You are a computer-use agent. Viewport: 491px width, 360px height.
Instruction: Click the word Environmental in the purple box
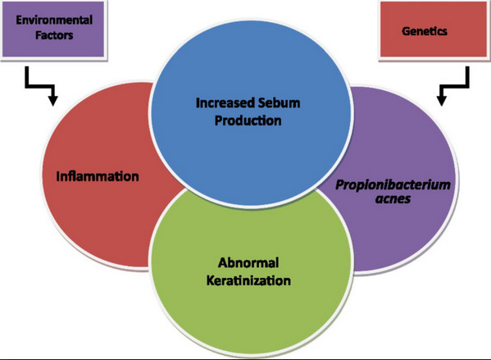[x=54, y=20]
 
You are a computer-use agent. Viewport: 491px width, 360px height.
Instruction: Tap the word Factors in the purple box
[x=54, y=35]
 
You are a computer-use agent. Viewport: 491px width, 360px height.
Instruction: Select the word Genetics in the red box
[x=425, y=31]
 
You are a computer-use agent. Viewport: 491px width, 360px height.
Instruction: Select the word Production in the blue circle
[x=248, y=121]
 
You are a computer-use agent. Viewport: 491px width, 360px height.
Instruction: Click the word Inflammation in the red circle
[x=98, y=176]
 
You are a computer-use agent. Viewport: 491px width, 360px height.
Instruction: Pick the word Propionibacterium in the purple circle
[x=393, y=185]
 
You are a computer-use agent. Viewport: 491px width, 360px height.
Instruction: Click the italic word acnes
[x=393, y=199]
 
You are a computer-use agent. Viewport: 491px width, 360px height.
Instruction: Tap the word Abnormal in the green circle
[x=248, y=262]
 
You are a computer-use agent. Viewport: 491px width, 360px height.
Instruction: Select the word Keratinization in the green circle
[x=248, y=280]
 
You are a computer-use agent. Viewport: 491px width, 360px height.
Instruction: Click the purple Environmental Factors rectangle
[x=53, y=29]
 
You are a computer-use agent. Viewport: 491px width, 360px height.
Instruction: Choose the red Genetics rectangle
[x=434, y=30]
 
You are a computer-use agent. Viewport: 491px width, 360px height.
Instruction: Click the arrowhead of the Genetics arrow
[x=442, y=101]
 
